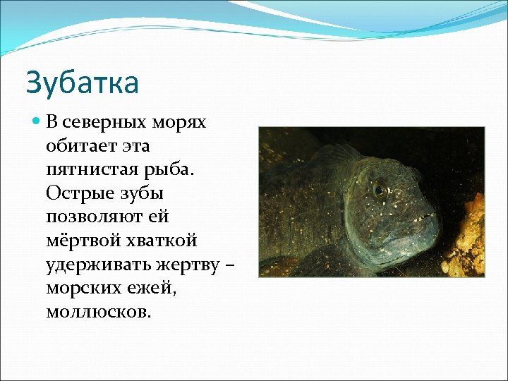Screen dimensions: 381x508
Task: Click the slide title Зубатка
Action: pos(82,83)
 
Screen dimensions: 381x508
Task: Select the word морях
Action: pos(180,122)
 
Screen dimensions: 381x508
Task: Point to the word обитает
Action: pos(80,145)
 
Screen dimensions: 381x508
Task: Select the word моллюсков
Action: pos(97,312)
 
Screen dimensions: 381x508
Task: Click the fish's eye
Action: pos(381,188)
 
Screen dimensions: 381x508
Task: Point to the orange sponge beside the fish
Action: pos(466,233)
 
